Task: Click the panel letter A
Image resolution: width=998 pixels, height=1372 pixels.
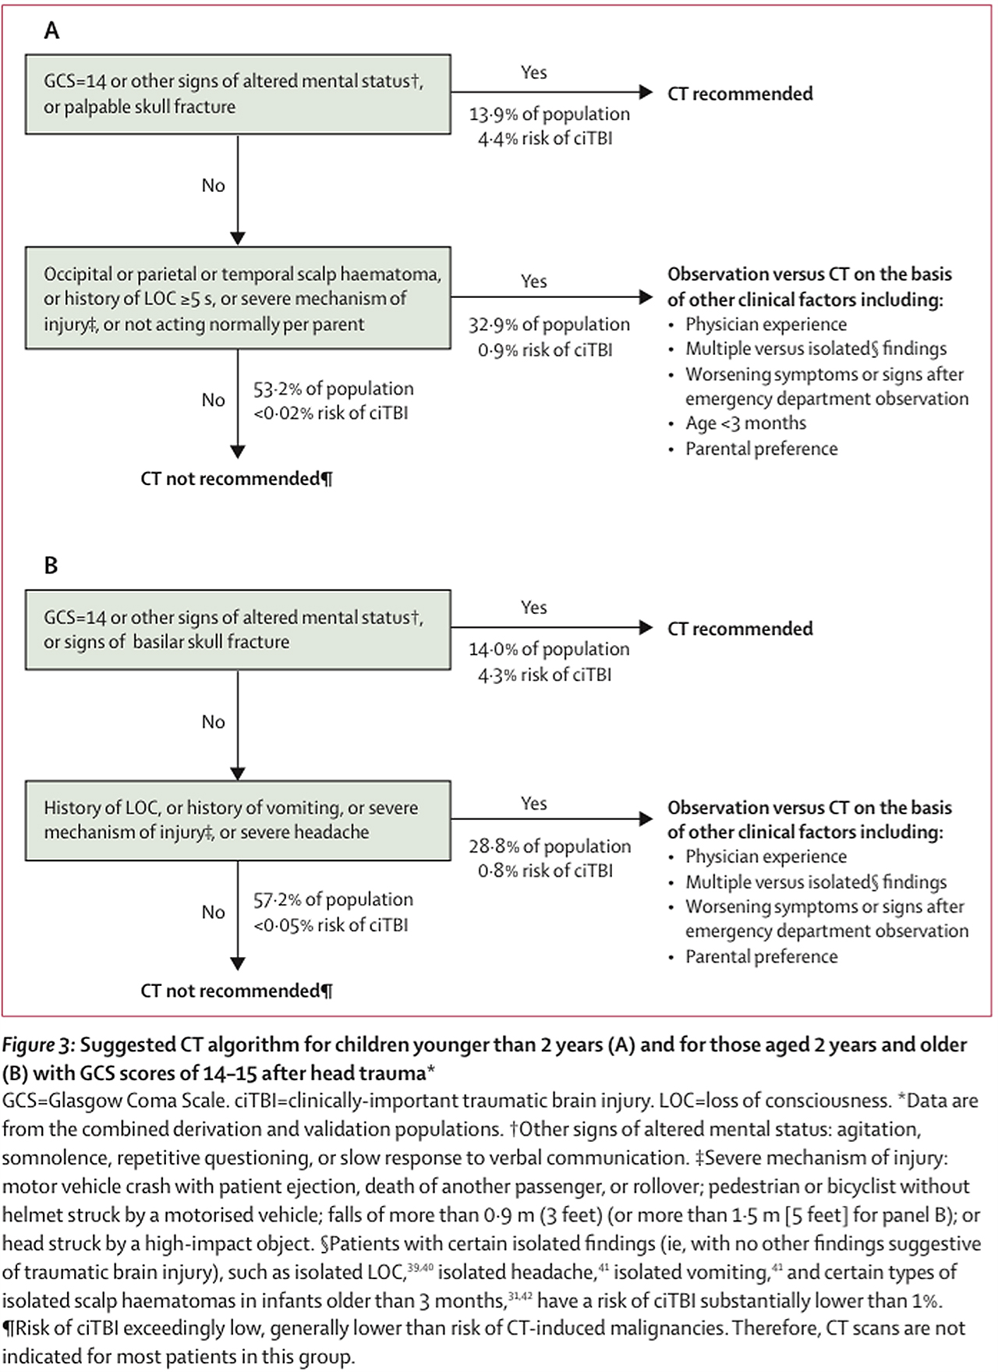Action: coord(51,30)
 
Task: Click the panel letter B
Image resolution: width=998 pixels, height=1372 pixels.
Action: coord(51,565)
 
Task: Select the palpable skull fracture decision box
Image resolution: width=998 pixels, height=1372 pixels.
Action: coord(238,94)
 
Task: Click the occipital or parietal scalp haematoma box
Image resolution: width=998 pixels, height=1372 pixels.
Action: coord(238,299)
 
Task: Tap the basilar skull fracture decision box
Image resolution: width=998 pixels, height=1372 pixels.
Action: coord(238,629)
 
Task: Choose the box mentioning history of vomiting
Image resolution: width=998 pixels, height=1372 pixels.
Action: coord(238,821)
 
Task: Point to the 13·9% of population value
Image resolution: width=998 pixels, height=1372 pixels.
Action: coord(549,114)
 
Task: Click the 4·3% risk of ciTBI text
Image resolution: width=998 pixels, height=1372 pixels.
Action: coord(545,675)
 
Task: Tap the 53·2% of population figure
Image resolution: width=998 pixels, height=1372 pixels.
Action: coord(334,388)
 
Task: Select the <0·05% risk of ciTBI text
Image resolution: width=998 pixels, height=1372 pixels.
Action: coord(331,925)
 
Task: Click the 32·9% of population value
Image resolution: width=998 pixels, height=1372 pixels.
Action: coord(549,324)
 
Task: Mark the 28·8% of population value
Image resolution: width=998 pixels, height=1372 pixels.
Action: coord(550,846)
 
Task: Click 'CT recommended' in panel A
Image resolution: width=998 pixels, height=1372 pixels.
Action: coord(740,94)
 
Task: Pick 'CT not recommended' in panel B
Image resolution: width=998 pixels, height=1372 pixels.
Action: coord(236,991)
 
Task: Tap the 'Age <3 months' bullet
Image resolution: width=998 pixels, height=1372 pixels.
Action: coord(745,424)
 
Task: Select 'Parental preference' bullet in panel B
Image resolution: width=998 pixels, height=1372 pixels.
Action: coord(761,957)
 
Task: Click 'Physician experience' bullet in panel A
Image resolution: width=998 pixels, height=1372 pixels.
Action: coord(766,324)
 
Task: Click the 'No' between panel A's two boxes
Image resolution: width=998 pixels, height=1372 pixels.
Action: coord(214,186)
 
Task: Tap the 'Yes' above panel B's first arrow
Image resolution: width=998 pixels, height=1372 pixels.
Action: coord(534,608)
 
